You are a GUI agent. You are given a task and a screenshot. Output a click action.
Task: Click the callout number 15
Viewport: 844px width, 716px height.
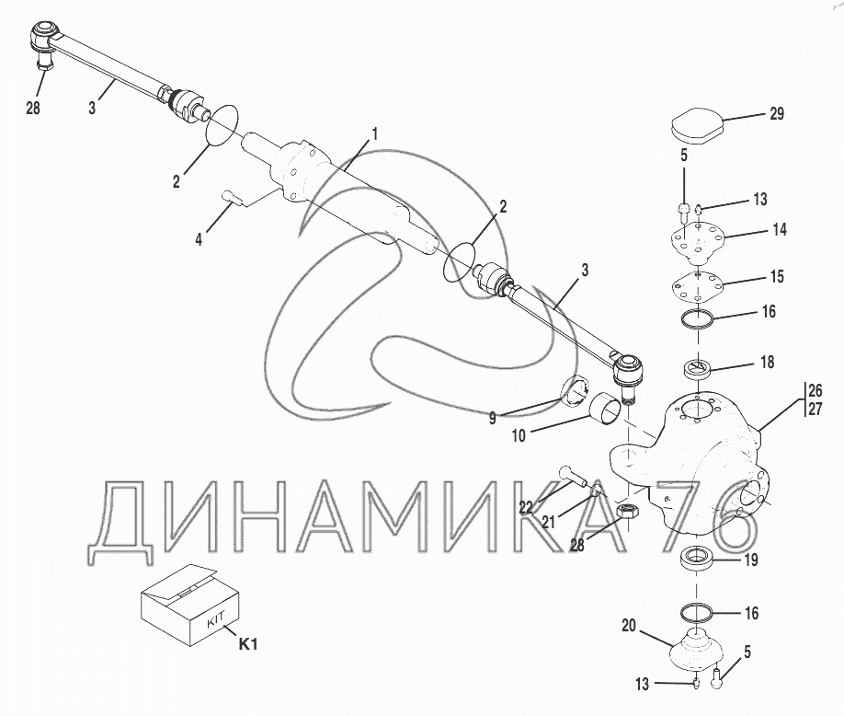(x=777, y=277)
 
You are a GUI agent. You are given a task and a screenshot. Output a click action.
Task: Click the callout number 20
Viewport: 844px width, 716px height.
(x=629, y=626)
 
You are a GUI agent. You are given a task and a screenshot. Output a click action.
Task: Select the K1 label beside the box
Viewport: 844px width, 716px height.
(x=247, y=644)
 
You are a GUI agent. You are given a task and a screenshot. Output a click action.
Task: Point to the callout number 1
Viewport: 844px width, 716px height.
(x=375, y=134)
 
